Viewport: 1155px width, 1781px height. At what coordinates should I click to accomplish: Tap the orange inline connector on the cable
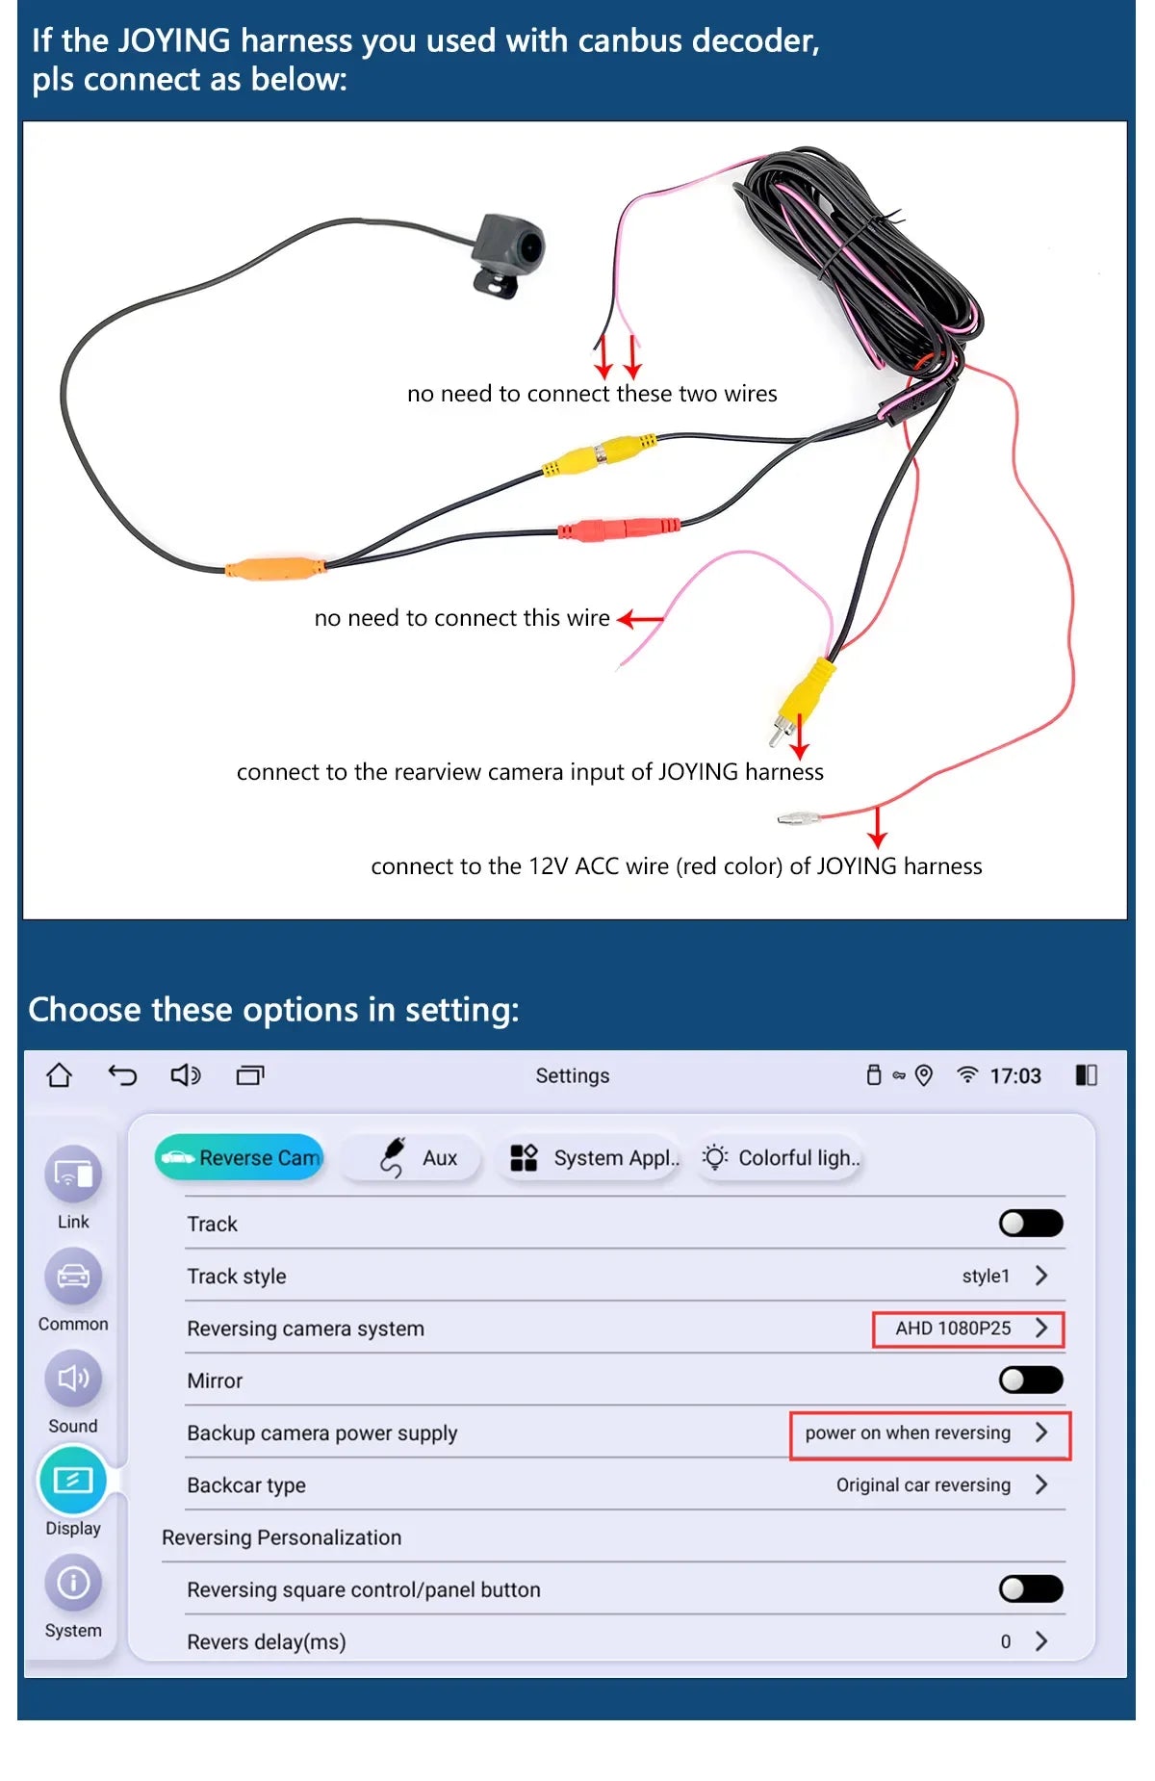point(275,568)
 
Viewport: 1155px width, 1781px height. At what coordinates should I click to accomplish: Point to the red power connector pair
point(620,529)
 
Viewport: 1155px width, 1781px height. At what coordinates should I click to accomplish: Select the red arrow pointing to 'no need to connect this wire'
point(640,619)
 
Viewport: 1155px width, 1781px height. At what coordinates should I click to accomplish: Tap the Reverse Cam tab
point(240,1157)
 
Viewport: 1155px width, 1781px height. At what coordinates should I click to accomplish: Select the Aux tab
point(419,1157)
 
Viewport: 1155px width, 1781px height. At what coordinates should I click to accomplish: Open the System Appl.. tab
point(594,1157)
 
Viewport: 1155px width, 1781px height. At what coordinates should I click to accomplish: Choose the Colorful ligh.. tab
point(781,1157)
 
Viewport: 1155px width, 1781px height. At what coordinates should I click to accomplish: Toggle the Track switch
point(1030,1223)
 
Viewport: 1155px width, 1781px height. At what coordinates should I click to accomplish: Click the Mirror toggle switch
point(1030,1380)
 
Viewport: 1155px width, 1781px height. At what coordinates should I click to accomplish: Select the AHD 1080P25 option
point(967,1329)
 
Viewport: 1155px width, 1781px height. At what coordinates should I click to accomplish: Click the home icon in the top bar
point(60,1074)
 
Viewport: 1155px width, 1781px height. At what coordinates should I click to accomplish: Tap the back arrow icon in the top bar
point(122,1074)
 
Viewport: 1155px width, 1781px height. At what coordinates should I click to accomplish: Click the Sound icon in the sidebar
point(73,1379)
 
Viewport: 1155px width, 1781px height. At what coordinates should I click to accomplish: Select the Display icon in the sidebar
point(73,1480)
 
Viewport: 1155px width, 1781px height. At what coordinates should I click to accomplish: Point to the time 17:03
point(1014,1075)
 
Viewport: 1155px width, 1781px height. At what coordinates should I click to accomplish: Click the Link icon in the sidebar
point(73,1174)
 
